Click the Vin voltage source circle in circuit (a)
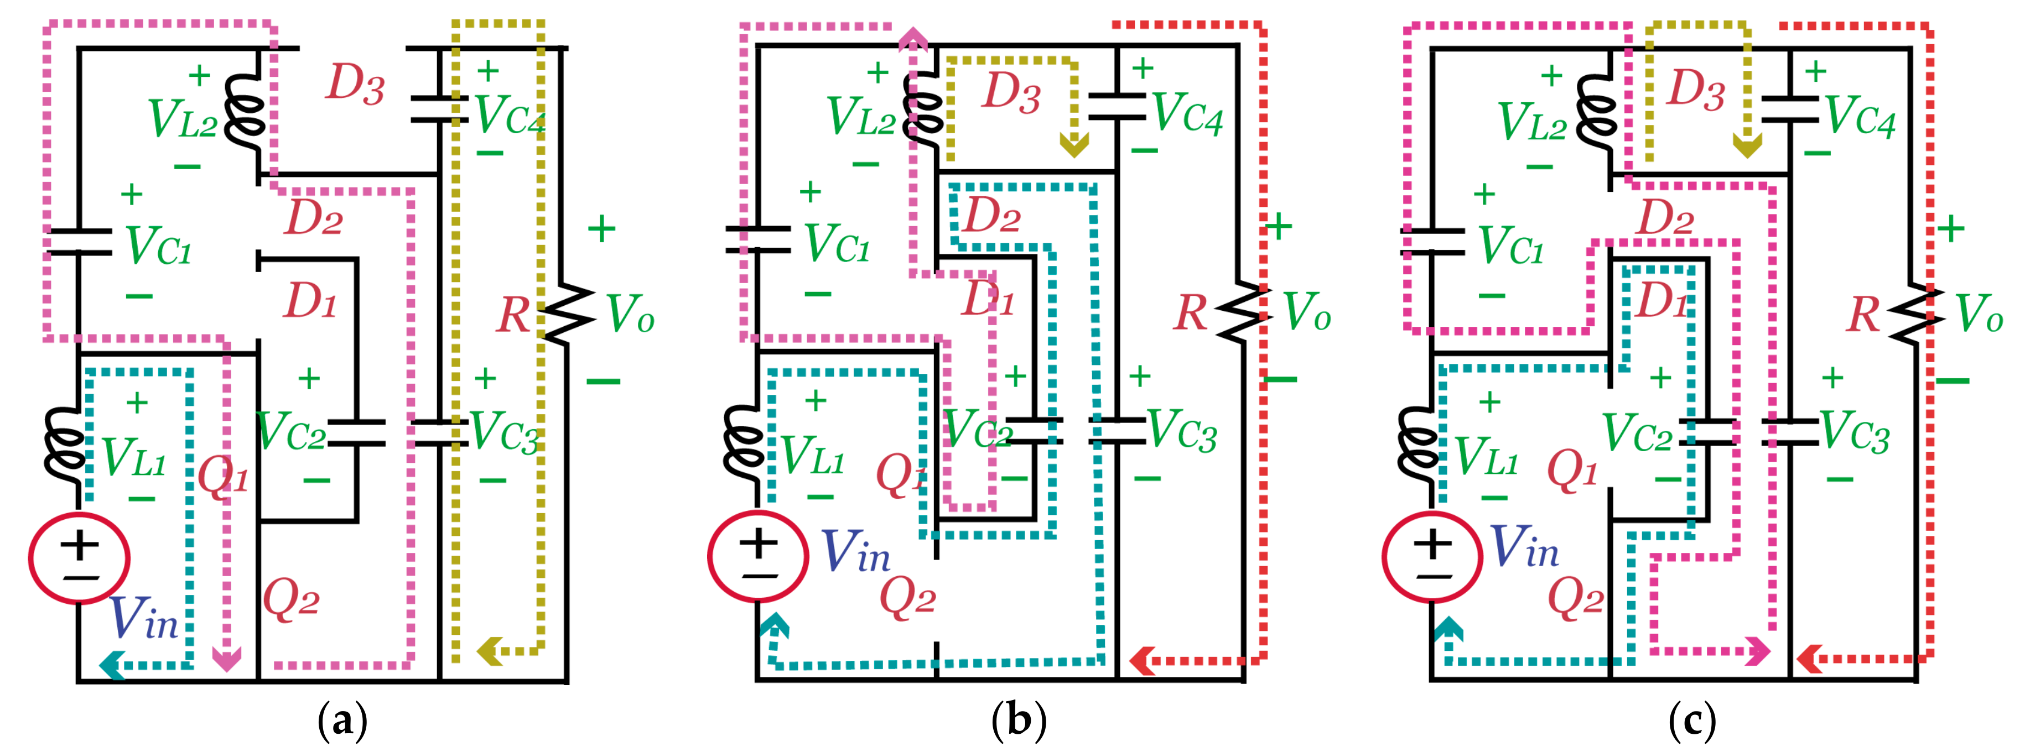tap(79, 558)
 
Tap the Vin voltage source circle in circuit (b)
tap(758, 556)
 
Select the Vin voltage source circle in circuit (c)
tap(1432, 557)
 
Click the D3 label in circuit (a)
tap(355, 83)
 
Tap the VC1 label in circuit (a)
tap(158, 246)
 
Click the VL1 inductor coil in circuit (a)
tap(65, 445)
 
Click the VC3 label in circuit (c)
tap(1855, 433)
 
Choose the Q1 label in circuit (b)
tap(901, 476)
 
